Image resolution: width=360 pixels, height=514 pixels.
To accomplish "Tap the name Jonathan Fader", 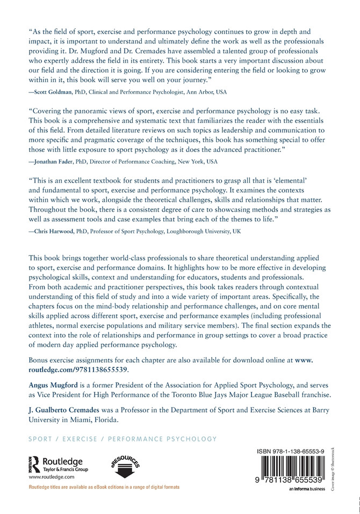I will click(x=54, y=161).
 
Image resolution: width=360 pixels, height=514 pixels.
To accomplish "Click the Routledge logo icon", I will click(x=35, y=463).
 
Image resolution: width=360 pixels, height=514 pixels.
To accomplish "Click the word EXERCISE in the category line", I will click(x=80, y=439).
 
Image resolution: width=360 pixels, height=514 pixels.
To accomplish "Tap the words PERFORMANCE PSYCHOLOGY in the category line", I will click(x=162, y=439).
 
